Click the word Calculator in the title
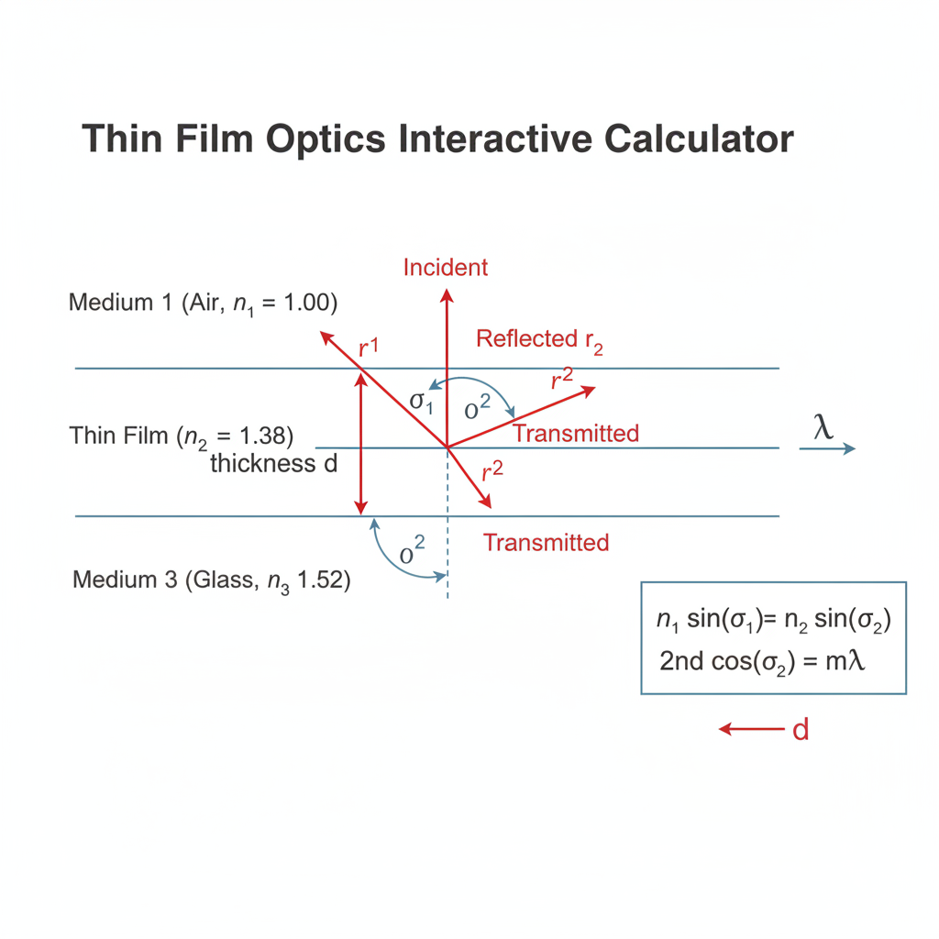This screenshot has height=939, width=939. (x=698, y=139)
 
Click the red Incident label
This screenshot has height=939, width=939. (x=446, y=267)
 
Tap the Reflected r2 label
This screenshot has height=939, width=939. (x=539, y=340)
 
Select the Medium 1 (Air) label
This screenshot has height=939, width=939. (x=203, y=303)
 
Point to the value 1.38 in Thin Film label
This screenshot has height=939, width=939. (x=263, y=436)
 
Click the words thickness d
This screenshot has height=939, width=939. (x=273, y=463)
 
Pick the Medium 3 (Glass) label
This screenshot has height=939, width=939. (x=212, y=580)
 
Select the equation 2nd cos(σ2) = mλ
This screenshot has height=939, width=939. (x=762, y=662)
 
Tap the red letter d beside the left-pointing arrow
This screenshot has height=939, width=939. (x=801, y=730)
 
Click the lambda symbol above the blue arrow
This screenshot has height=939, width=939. (x=823, y=427)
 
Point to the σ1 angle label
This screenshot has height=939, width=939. (x=421, y=402)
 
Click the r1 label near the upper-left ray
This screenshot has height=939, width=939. (x=369, y=347)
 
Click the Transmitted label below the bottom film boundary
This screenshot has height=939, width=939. (x=547, y=543)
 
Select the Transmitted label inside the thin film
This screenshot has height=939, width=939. (x=576, y=433)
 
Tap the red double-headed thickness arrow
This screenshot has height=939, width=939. (x=360, y=443)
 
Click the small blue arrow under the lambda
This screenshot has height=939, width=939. (x=828, y=447)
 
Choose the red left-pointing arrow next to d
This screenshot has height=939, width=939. (x=752, y=729)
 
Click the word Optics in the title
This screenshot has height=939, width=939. (x=326, y=139)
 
